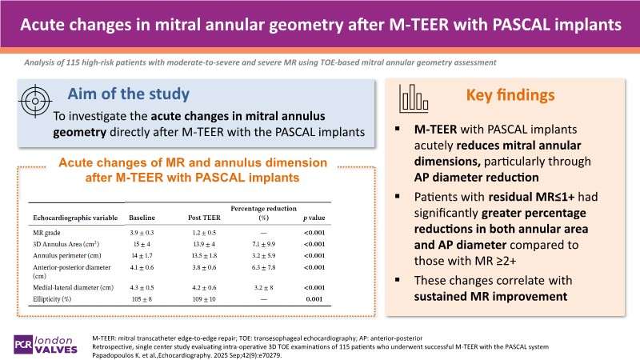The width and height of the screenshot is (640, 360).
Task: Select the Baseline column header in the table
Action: (x=144, y=217)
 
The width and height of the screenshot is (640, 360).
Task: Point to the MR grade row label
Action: (x=48, y=230)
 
